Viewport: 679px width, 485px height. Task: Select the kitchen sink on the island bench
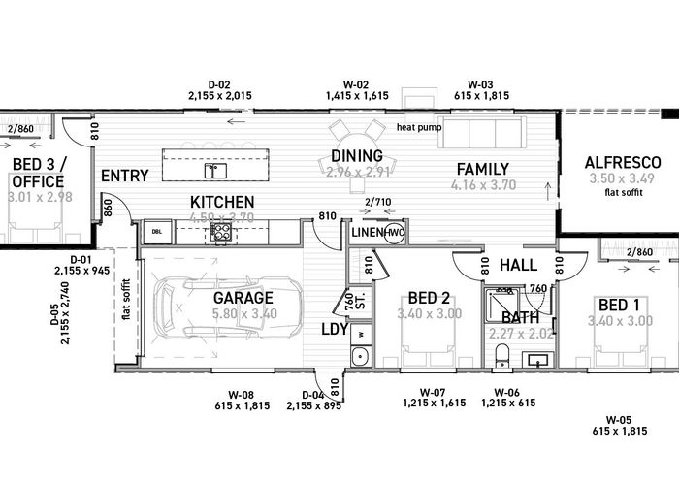[215, 171]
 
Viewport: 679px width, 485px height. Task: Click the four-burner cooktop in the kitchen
[221, 233]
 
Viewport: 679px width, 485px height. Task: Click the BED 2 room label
[427, 297]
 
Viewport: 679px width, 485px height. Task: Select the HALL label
[517, 265]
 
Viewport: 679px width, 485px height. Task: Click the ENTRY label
[124, 176]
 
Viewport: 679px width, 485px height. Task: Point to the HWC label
[393, 234]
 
